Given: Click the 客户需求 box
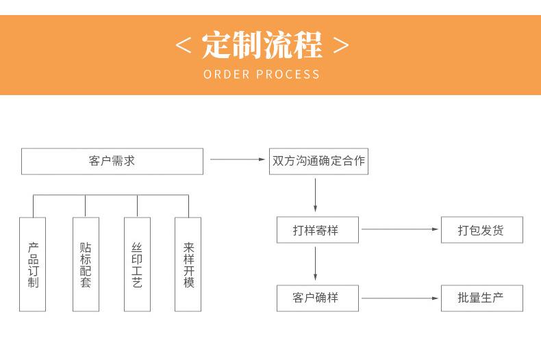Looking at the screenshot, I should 112,162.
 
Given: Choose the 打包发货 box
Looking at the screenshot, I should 481,231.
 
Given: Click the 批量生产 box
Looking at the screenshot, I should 481,298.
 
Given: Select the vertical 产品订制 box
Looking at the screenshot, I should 33,264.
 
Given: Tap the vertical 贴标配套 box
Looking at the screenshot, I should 85,264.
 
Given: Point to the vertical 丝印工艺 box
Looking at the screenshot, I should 137,264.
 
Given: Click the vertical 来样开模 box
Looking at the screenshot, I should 188,264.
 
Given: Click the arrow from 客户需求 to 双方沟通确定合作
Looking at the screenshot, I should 237,160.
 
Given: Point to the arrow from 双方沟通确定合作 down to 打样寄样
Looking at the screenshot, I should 315,196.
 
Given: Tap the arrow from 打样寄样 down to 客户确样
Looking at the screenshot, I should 315,264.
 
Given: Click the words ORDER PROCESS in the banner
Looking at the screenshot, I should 262,74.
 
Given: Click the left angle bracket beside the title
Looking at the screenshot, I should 183,46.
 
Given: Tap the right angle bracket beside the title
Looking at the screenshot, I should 340,46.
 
